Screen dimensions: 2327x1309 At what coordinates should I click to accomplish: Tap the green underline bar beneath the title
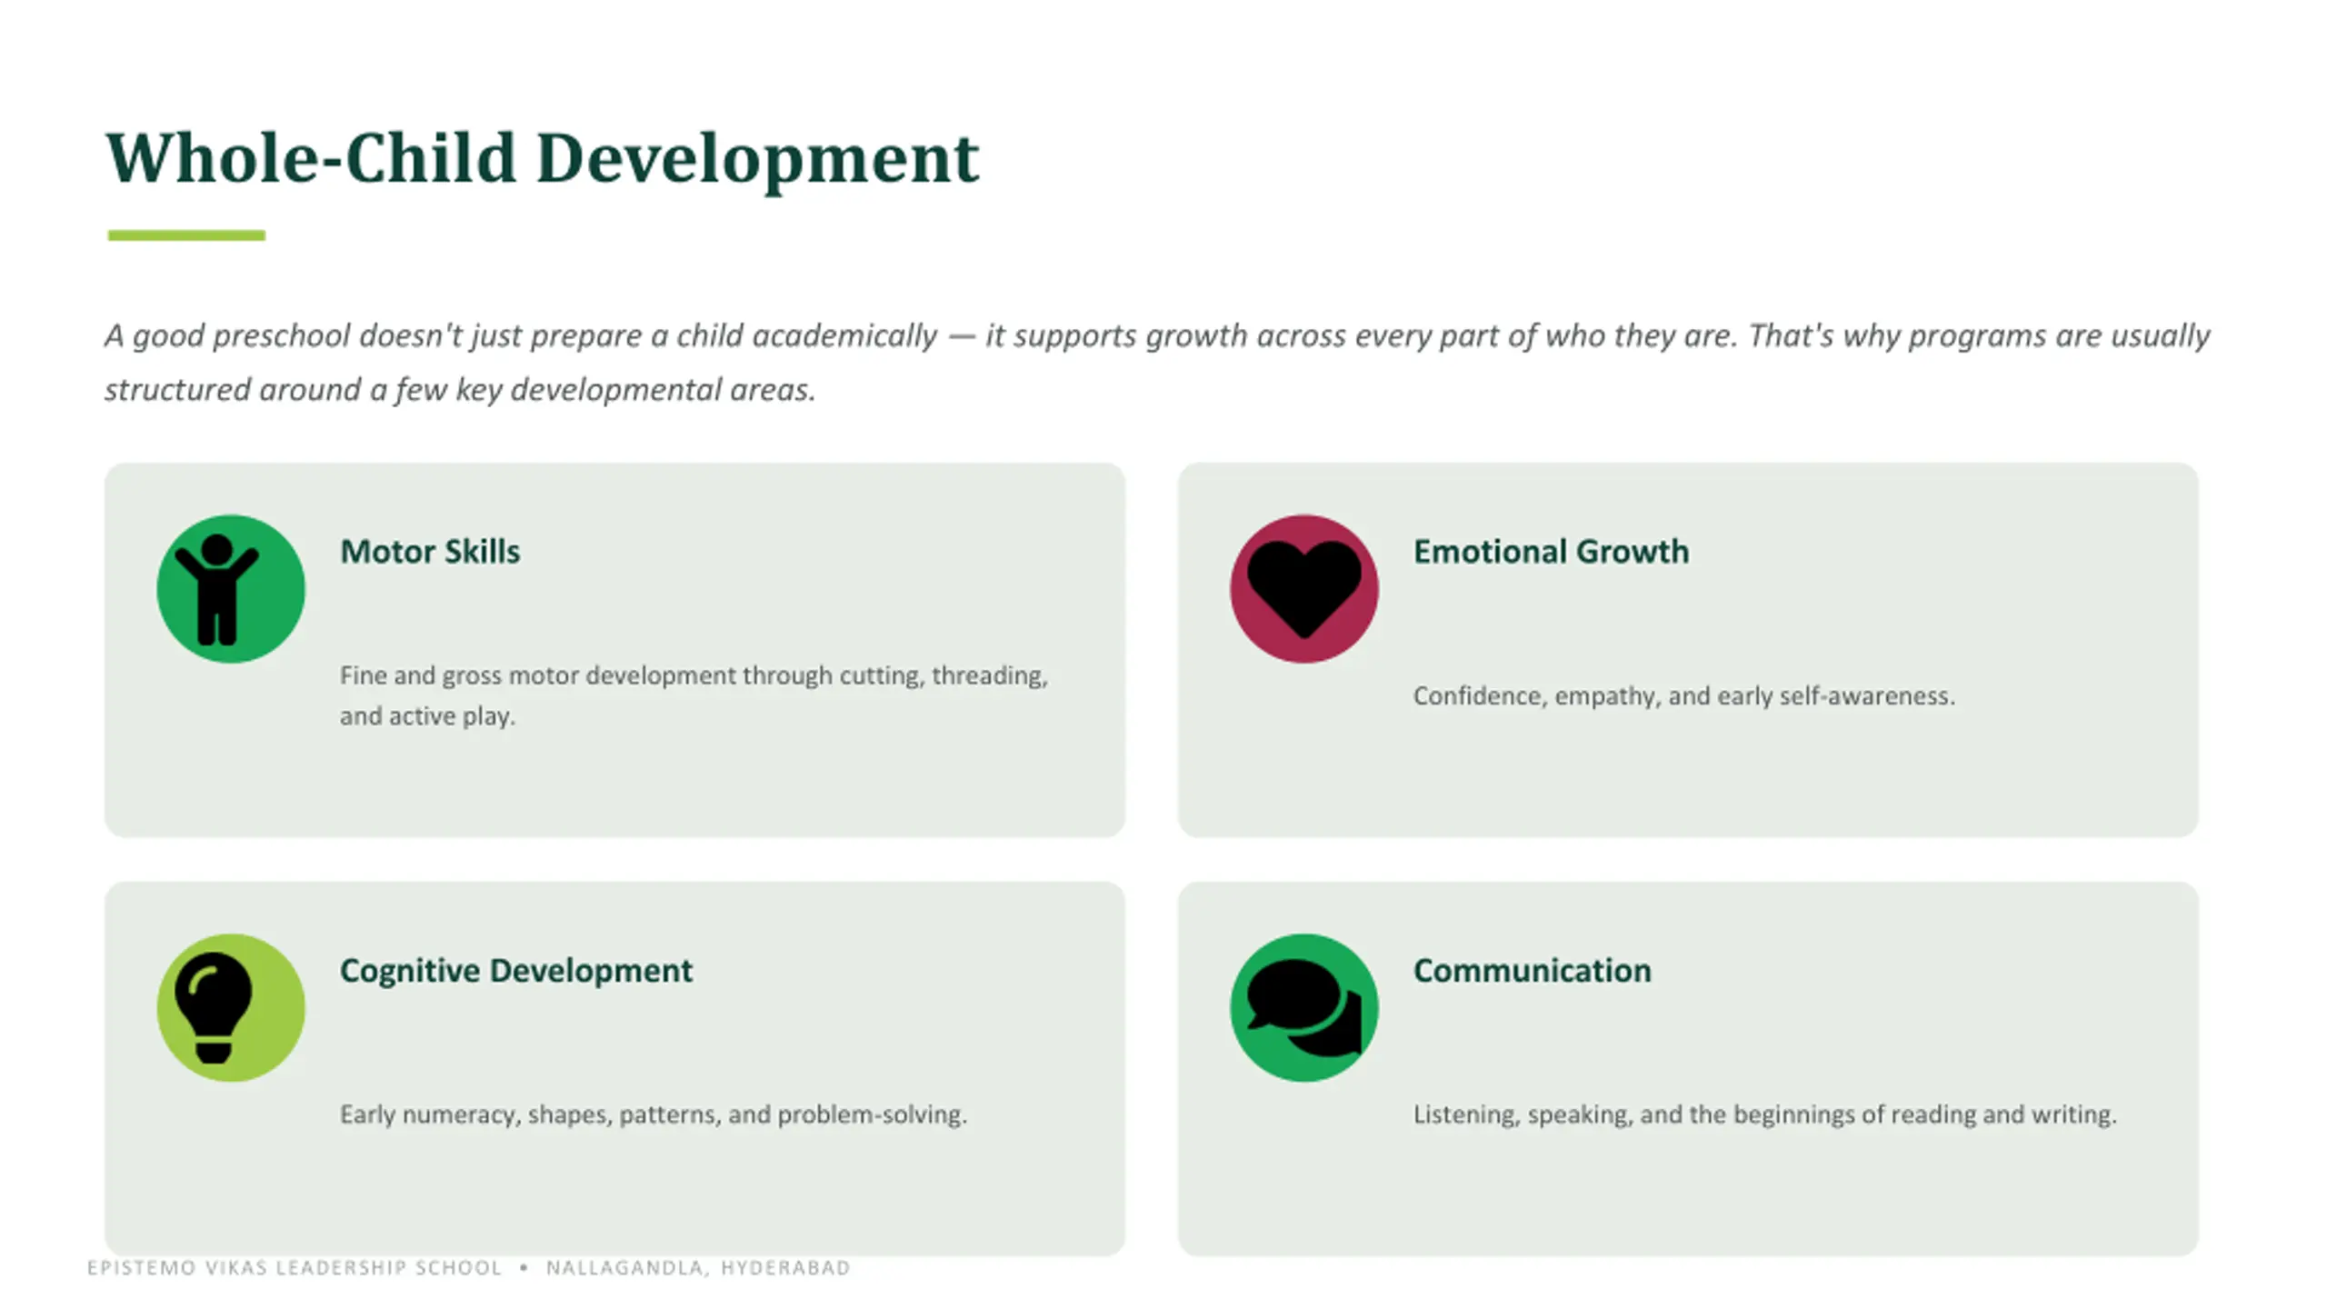(x=186, y=235)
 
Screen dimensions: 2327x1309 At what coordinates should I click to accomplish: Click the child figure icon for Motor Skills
(x=216, y=589)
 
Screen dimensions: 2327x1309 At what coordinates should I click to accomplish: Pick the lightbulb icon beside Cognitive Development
(x=213, y=1007)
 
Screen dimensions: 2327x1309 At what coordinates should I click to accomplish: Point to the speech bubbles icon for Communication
(x=1304, y=1007)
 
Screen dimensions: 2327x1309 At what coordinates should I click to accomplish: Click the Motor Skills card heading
(x=430, y=552)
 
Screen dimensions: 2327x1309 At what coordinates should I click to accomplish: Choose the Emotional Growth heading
(x=1551, y=552)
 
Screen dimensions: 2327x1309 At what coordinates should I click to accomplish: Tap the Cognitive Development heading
(x=516, y=971)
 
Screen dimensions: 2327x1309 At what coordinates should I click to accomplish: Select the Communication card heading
(x=1533, y=971)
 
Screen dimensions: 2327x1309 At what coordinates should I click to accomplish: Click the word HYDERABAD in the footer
(x=785, y=1268)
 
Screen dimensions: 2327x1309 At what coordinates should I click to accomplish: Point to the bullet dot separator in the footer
(x=524, y=1268)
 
